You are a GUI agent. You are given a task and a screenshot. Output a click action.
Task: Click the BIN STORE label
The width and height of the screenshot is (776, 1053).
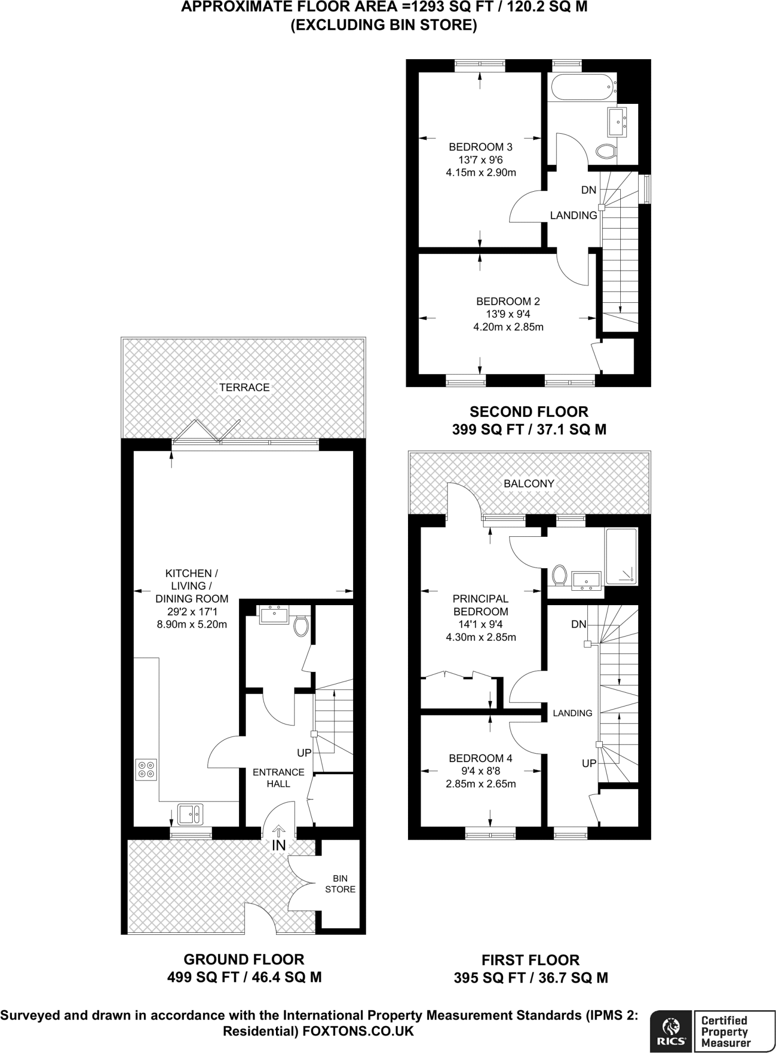[340, 884]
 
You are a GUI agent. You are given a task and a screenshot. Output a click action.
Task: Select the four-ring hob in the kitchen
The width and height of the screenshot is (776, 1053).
[146, 770]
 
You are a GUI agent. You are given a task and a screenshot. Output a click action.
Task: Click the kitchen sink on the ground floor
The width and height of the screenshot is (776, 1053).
[190, 814]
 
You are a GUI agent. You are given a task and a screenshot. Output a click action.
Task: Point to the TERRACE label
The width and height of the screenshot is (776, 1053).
[244, 387]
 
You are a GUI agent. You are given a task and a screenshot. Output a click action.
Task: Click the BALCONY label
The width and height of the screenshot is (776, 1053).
[529, 483]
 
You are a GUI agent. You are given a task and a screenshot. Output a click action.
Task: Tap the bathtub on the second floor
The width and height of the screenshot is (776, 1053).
[582, 88]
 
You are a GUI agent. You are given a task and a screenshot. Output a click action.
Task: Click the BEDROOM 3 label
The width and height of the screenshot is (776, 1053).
[481, 147]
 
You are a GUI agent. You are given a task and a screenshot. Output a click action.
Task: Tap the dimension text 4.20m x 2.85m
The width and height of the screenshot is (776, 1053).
[508, 326]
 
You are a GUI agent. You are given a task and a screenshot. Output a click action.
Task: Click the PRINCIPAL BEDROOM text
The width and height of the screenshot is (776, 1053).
[481, 605]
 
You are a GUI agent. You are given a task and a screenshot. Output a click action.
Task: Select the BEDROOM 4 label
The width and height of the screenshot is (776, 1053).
[481, 758]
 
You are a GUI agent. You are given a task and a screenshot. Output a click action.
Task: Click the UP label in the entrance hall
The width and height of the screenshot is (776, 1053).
[304, 753]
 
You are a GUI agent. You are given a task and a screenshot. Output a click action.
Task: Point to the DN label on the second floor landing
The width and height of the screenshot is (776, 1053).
[588, 190]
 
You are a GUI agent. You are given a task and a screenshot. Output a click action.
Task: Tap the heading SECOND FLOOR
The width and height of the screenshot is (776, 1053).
[529, 411]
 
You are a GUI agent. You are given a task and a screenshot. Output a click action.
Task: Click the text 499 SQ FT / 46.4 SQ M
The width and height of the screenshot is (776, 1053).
[244, 977]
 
